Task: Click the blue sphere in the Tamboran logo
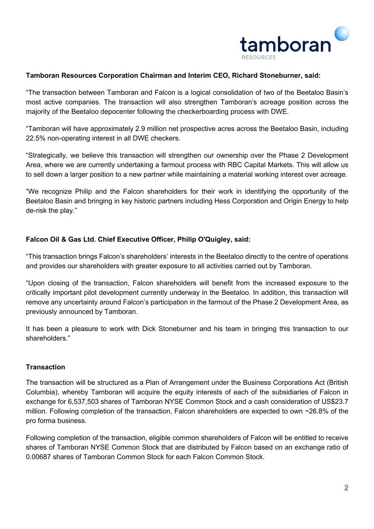[341, 34]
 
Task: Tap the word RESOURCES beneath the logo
[258, 57]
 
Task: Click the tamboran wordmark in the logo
[285, 44]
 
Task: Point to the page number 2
[346, 488]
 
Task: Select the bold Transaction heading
[45, 367]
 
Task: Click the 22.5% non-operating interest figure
[36, 138]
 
